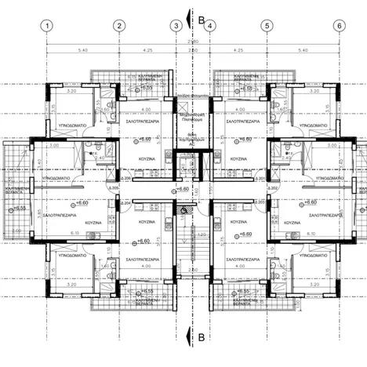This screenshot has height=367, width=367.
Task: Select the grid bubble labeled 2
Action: coord(118,25)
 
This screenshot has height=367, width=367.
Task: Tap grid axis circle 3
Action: coord(176,25)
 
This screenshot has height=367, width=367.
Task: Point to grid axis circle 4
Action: coord(210,25)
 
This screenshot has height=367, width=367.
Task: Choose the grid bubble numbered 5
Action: coord(267,25)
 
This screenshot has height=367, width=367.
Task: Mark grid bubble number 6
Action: coord(339,25)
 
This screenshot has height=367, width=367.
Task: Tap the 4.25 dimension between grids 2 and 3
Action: coord(147,50)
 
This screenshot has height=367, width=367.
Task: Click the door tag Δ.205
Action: coord(115,189)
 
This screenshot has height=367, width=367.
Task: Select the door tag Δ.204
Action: coord(126,202)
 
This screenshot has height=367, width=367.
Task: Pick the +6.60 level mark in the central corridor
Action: coord(182,189)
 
